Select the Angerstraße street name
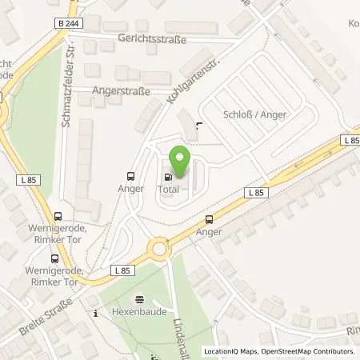tap(121, 91)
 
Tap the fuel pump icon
tap(168, 177)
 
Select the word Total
tap(168, 189)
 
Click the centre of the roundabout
tap(160, 248)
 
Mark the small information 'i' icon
tap(96, 314)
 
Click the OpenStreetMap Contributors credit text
tap(314, 351)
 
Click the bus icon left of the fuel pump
tap(130, 177)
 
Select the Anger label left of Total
tap(130, 189)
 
